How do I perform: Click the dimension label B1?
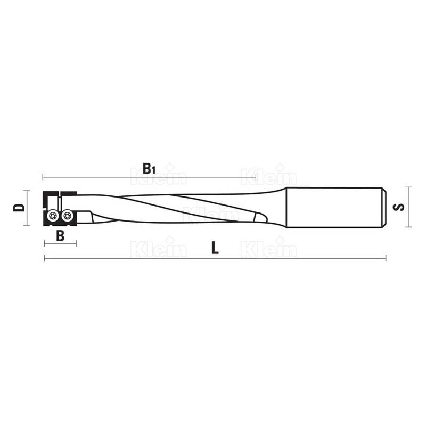(x=149, y=169)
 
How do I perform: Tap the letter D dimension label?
(x=19, y=207)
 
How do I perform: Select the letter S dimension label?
(x=399, y=207)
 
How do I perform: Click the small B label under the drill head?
(x=60, y=236)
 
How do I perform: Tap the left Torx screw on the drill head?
(x=53, y=216)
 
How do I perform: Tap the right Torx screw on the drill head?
(x=67, y=216)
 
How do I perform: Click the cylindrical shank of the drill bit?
(x=333, y=207)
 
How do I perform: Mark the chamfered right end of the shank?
(x=382, y=207)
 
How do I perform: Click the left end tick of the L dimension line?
(x=44, y=259)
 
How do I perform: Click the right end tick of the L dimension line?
(x=385, y=259)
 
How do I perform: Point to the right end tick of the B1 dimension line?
(x=256, y=176)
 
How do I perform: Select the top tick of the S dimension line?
(x=408, y=187)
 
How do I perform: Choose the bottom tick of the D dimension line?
(x=26, y=225)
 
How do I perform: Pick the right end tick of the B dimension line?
(x=76, y=243)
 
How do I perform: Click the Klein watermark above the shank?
(x=269, y=175)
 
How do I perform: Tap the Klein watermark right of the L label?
(x=269, y=248)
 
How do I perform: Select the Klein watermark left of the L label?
(x=158, y=248)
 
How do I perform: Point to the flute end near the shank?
(x=260, y=218)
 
